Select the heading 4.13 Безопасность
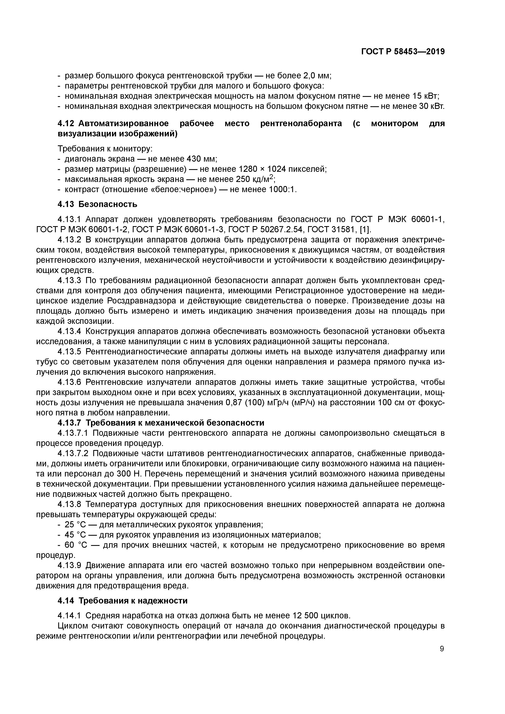(x=97, y=204)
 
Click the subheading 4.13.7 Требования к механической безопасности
(x=161, y=423)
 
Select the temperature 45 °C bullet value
(x=74, y=535)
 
